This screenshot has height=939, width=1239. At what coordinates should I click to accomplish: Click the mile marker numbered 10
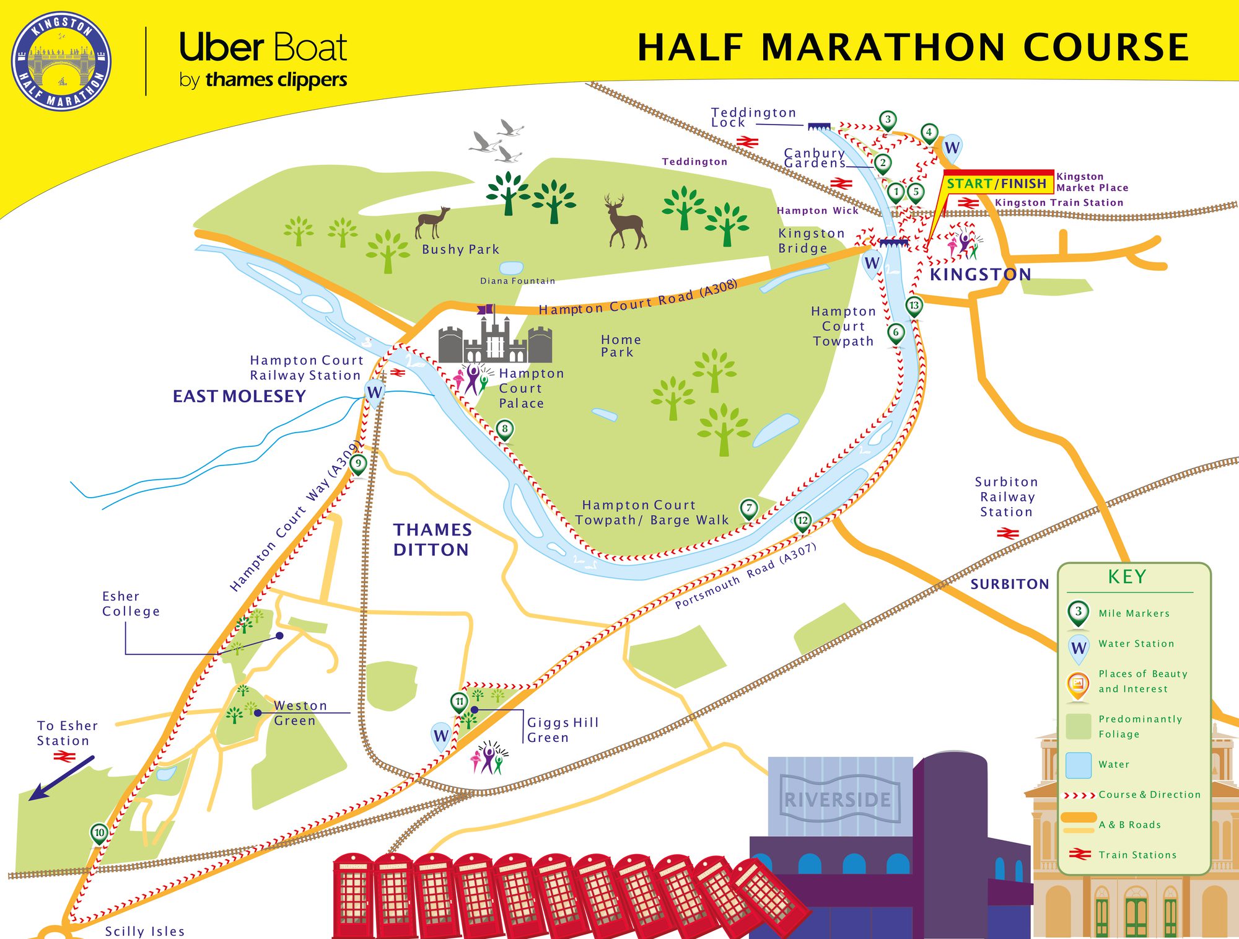pyautogui.click(x=99, y=832)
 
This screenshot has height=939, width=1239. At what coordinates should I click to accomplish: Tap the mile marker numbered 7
pyautogui.click(x=749, y=508)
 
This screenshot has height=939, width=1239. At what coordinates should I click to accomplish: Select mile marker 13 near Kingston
pyautogui.click(x=914, y=305)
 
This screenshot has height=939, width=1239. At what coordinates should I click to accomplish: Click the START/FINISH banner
pyautogui.click(x=996, y=183)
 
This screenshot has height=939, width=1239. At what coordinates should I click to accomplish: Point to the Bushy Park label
pyautogui.click(x=460, y=249)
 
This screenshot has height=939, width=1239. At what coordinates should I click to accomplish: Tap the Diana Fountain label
pyautogui.click(x=517, y=281)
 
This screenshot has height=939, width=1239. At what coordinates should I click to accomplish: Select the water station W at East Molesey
pyautogui.click(x=374, y=392)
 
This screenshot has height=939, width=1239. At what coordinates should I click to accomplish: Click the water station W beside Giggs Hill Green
pyautogui.click(x=440, y=736)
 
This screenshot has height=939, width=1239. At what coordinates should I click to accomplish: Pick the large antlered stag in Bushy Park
pyautogui.click(x=626, y=221)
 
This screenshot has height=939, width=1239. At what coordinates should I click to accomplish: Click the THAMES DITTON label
pyautogui.click(x=432, y=539)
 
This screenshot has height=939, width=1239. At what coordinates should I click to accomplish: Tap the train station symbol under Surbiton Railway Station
pyautogui.click(x=1007, y=533)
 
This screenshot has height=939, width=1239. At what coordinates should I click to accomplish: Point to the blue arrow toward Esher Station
pyautogui.click(x=62, y=777)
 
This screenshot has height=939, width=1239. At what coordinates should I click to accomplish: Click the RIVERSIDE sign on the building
pyautogui.click(x=838, y=800)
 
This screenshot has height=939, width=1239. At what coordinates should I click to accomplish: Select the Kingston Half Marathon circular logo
pyautogui.click(x=61, y=61)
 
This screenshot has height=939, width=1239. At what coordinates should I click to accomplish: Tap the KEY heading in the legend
pyautogui.click(x=1127, y=576)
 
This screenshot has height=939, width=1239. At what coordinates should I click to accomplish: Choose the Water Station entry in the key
pyautogui.click(x=1136, y=644)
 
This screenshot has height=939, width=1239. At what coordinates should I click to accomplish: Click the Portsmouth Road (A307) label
pyautogui.click(x=745, y=576)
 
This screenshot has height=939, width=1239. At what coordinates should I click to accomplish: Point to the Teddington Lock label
pyautogui.click(x=753, y=117)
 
